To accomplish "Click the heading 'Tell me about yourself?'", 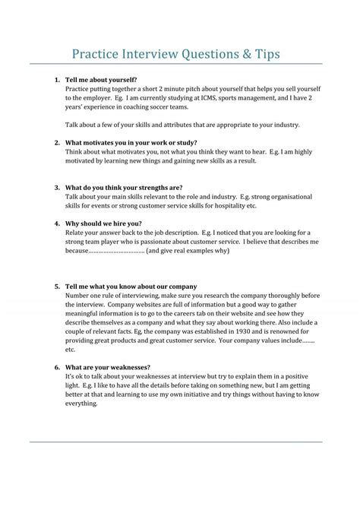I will (101, 79).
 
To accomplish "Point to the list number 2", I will (58, 142).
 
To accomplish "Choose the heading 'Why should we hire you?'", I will (104, 223).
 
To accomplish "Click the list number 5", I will (58, 287).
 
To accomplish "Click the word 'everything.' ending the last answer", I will (82, 404).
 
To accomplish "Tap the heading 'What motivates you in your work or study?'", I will (131, 142).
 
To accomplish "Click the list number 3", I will (58, 187).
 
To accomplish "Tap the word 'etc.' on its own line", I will (71, 350).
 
